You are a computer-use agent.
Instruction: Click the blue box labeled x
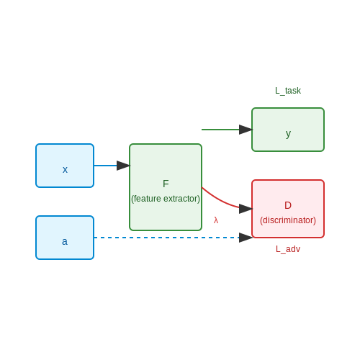tap(65, 166)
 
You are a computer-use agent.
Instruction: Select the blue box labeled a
tap(65, 238)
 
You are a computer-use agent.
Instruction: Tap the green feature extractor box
tap(166, 187)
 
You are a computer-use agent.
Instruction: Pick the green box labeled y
tap(288, 130)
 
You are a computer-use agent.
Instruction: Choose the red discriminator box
tap(288, 209)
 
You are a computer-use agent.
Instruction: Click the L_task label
tap(288, 91)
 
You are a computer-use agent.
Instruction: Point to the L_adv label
tap(288, 249)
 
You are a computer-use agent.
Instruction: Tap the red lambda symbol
tap(216, 220)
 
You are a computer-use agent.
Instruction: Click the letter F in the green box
tap(166, 184)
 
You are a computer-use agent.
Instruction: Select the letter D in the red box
tap(288, 205)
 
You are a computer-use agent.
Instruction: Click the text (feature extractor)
tap(166, 199)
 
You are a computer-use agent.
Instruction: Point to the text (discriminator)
tap(288, 220)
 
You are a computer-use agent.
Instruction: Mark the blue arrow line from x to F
tap(106, 166)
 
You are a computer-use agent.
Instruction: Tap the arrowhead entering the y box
tap(246, 130)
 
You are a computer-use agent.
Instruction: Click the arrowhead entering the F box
tap(123, 166)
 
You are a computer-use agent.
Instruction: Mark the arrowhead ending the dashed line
tap(246, 238)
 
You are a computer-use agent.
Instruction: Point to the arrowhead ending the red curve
tap(246, 209)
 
